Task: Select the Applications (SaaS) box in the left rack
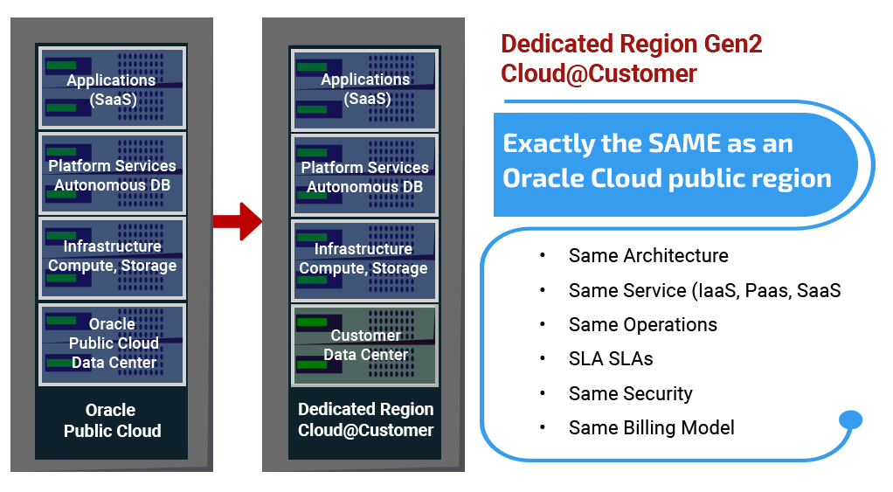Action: coord(112,89)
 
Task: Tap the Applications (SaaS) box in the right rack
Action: coord(365,89)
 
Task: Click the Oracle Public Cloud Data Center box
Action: coord(112,343)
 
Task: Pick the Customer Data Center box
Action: coord(365,344)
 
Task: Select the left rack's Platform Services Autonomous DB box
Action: coord(112,175)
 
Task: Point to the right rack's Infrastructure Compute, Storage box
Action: coord(365,259)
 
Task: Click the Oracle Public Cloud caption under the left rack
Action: coord(112,420)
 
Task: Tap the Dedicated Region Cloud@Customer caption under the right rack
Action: coord(365,420)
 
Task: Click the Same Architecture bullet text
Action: coord(647,256)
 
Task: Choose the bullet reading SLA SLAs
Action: coord(610,359)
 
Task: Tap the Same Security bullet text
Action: coord(630,393)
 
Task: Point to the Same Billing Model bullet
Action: coord(651,427)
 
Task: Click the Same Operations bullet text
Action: coord(642,324)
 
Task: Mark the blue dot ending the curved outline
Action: coord(849,421)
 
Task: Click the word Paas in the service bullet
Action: coord(765,290)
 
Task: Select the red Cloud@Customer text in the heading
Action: coord(599,73)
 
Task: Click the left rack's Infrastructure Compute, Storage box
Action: coord(112,257)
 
